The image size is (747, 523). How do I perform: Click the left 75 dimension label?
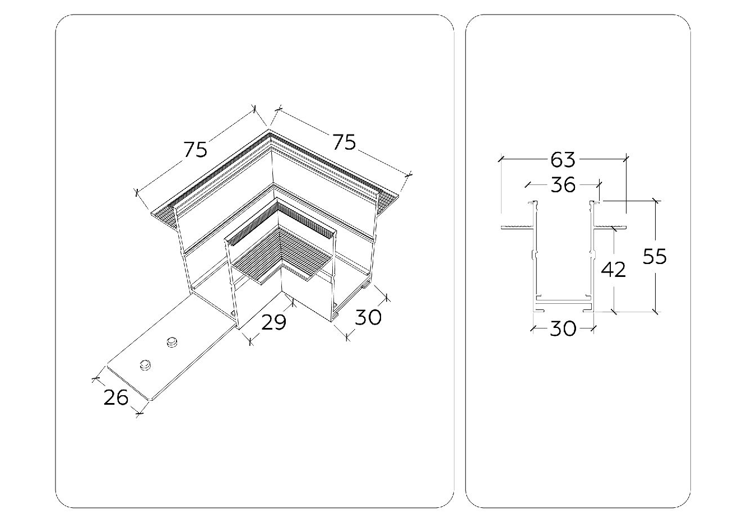[x=196, y=149]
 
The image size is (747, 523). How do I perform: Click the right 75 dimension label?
[x=345, y=142]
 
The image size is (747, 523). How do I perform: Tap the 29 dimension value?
[x=273, y=322]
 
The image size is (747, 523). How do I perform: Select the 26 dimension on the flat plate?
[x=116, y=397]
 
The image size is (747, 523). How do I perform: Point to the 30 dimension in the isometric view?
[x=368, y=317]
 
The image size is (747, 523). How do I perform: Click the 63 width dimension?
[x=563, y=159]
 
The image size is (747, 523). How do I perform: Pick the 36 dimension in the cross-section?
[x=563, y=184]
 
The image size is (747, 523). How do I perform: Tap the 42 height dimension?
[x=613, y=270]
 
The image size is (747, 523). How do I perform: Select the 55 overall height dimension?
[x=655, y=257]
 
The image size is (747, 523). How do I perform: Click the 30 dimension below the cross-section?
[x=563, y=328]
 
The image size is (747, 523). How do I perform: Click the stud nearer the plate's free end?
[x=145, y=365]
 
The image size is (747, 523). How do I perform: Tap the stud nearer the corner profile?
[x=171, y=342]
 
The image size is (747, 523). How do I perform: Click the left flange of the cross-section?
[x=518, y=228]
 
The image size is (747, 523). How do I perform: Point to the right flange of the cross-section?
[x=610, y=228]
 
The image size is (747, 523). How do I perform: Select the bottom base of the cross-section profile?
[x=564, y=304]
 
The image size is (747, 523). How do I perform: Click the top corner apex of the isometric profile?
[x=268, y=129]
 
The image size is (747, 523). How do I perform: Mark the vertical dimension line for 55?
[x=656, y=257]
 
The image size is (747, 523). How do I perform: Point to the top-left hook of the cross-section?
[x=532, y=202]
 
